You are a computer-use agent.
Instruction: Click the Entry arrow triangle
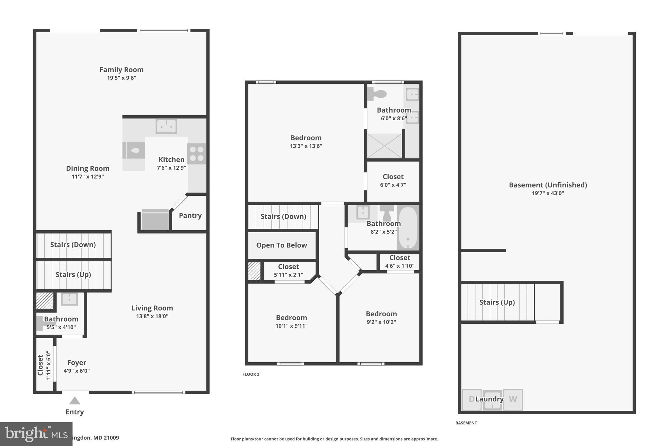74,401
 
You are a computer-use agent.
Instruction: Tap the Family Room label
122,70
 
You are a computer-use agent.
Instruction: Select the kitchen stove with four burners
197,154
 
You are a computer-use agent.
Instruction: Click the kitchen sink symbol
166,126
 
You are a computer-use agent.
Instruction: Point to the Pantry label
190,216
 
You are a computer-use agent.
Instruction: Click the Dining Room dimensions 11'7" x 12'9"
88,177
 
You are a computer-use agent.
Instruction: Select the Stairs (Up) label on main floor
73,275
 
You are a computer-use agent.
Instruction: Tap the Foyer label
76,363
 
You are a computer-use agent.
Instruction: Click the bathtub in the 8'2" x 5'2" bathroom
408,228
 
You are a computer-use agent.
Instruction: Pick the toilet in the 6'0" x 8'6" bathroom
377,94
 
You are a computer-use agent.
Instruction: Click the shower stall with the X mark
384,146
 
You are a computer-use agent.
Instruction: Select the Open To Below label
281,245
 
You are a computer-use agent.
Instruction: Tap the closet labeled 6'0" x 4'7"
393,181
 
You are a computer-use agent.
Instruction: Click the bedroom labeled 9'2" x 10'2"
381,318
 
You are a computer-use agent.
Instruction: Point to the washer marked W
513,399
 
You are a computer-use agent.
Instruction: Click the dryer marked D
471,399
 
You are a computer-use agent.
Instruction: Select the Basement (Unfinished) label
548,185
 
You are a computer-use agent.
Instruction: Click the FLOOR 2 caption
251,374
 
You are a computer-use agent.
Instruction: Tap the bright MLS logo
36,434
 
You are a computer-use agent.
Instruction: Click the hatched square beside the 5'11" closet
254,271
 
